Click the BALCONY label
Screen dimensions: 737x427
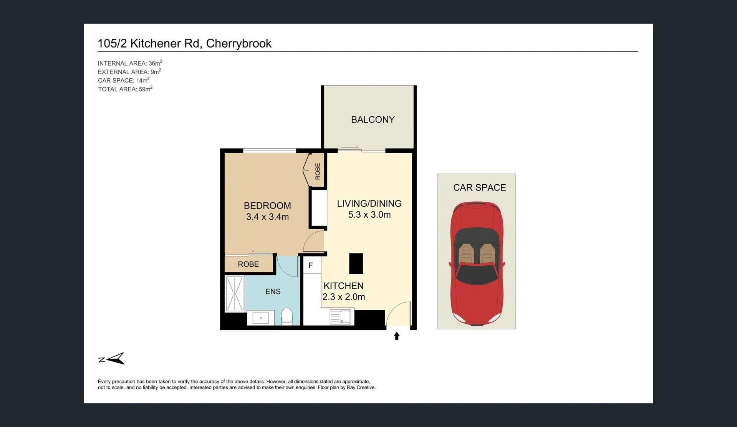[x=373, y=120]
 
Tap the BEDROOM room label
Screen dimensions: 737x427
[x=267, y=206]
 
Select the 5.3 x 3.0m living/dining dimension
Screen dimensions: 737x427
[x=369, y=215]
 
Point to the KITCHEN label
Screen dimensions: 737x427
[x=343, y=286]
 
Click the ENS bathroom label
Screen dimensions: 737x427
[x=273, y=291]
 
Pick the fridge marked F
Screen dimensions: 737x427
[x=311, y=265]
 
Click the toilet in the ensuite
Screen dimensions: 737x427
[x=287, y=316]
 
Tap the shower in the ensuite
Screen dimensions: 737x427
[x=234, y=294]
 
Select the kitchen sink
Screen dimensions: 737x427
[x=340, y=317]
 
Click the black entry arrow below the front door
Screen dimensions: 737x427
[x=397, y=336]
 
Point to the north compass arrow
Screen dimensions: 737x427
[x=116, y=358]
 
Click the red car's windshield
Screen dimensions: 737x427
[x=476, y=273]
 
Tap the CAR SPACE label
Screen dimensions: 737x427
[x=479, y=187]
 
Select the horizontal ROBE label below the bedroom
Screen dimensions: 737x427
[x=248, y=264]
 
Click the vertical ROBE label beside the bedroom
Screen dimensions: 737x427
[x=318, y=171]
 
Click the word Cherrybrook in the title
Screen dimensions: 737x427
[x=238, y=43]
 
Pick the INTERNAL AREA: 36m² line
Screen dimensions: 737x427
[x=130, y=63]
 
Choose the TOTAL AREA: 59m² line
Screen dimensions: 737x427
[x=125, y=89]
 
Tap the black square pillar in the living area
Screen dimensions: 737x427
[x=356, y=263]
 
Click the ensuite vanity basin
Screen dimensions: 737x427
[x=260, y=318]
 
